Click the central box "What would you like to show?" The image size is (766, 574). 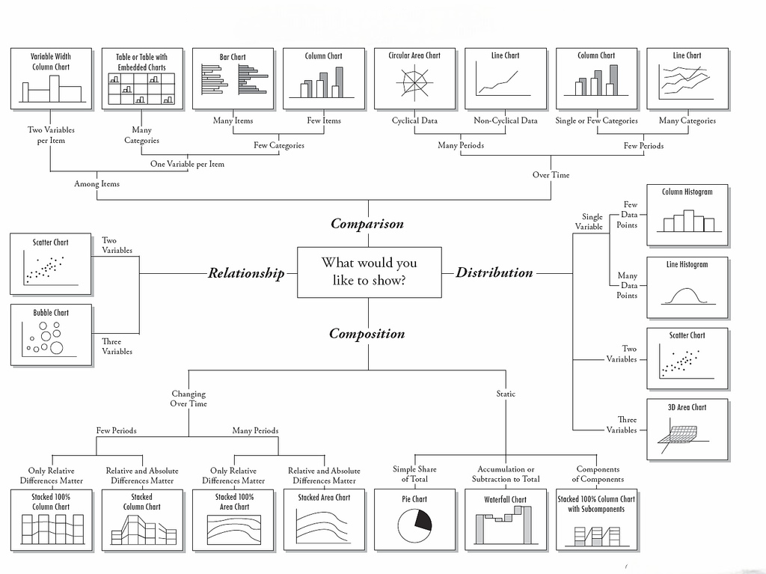click(x=369, y=272)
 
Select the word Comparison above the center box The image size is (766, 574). click(x=367, y=224)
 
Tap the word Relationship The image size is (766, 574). click(x=246, y=273)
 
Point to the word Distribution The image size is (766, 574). click(x=494, y=272)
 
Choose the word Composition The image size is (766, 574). click(x=367, y=334)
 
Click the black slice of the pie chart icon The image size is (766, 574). click(x=423, y=519)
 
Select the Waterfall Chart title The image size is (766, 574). click(x=506, y=499)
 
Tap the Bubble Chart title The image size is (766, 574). click(x=51, y=313)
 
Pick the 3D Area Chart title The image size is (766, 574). click(x=687, y=407)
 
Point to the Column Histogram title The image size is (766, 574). click(x=687, y=192)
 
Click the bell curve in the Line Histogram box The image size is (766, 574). click(x=687, y=296)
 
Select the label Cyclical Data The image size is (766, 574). click(x=414, y=120)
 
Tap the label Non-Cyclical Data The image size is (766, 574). click(x=506, y=120)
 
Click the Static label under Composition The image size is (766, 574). click(x=506, y=394)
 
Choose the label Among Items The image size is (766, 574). click(x=96, y=183)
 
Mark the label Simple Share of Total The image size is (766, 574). click(x=414, y=474)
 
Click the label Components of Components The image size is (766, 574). click(x=598, y=474)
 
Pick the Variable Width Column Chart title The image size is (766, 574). click(x=51, y=61)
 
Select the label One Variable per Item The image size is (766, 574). click(x=187, y=164)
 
